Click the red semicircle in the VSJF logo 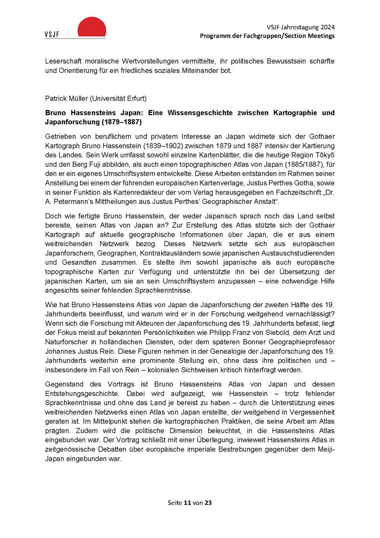(x=91, y=28)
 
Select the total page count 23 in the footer (x=208, y=503)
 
